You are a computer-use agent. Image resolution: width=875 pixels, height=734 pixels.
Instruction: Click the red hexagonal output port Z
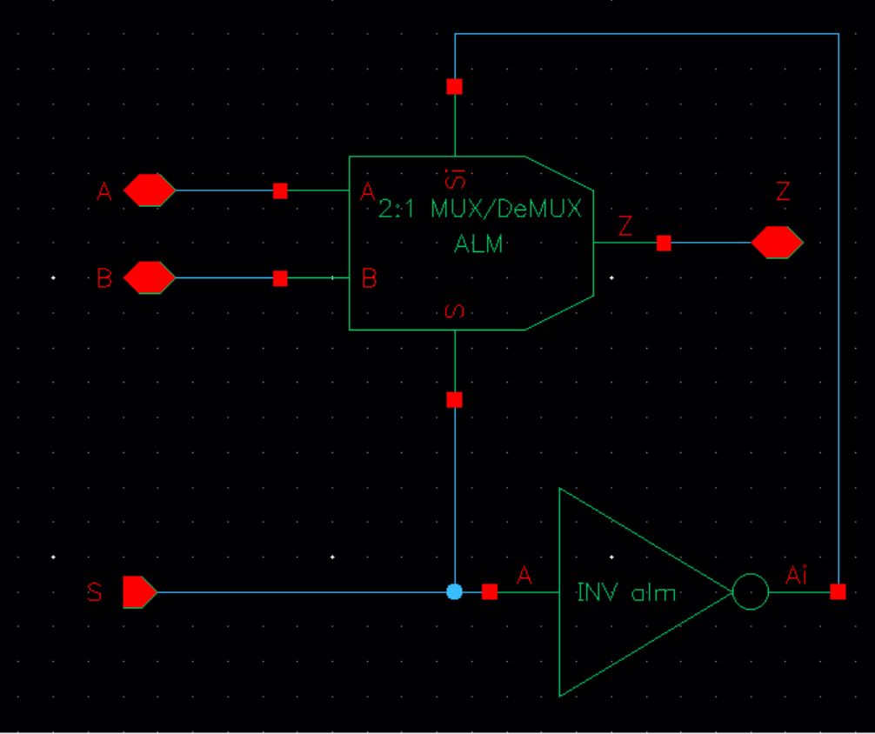pos(777,243)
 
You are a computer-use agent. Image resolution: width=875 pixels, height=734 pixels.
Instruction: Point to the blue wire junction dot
pos(454,591)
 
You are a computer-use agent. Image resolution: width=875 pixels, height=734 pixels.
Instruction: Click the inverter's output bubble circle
pos(751,592)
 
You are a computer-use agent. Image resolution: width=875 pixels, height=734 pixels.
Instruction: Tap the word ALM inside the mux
pos(478,244)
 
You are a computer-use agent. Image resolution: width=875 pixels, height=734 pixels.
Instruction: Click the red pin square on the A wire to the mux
pos(280,190)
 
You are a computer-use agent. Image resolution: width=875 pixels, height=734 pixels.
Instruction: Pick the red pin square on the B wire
pos(280,278)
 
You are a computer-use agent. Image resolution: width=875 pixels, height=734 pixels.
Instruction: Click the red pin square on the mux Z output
pos(664,244)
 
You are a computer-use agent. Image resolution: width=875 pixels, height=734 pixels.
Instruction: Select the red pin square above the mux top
pos(454,86)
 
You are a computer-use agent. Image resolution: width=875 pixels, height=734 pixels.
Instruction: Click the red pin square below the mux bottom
pos(454,400)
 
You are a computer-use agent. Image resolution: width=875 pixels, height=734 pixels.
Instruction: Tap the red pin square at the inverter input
pos(490,591)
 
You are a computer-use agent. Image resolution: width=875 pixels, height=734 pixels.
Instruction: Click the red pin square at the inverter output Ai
pos(838,591)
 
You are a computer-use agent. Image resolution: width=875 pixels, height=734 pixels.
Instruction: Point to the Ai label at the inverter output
pos(798,573)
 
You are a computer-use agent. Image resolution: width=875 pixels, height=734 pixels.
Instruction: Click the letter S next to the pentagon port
pos(95,593)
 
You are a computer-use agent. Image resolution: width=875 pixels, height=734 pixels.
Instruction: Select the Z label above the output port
pos(783,193)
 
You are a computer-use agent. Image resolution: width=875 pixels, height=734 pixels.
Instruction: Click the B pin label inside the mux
pos(369,280)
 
